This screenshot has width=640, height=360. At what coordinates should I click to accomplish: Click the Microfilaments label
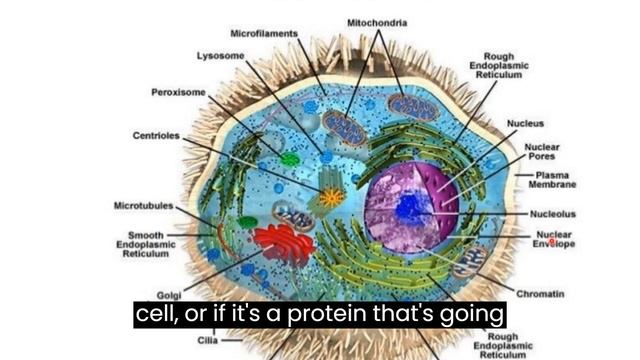(264, 33)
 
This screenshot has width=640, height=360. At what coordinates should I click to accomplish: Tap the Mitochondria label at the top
(377, 22)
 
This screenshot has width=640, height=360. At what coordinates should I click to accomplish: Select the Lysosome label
(220, 55)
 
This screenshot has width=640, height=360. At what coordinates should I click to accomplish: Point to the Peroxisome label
(178, 92)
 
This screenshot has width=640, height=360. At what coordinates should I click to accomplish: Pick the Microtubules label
(143, 205)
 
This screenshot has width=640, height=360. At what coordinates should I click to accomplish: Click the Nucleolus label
(552, 213)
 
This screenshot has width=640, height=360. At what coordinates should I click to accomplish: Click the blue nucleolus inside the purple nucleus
(410, 207)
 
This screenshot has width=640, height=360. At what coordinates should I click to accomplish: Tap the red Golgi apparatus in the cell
(284, 243)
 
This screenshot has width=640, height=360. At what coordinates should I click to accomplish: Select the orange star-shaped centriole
(329, 196)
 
